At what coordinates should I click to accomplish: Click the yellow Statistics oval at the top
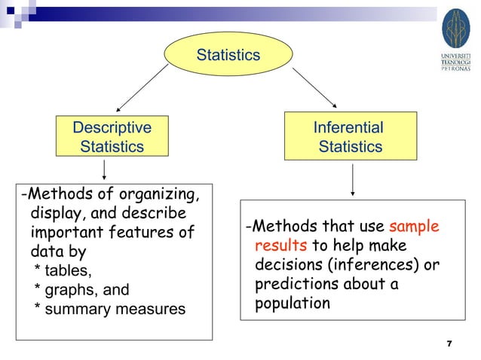(x=228, y=56)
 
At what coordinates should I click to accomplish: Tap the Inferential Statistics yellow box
(x=349, y=137)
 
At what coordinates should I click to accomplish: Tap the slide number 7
(x=449, y=344)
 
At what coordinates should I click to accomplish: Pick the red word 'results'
(x=280, y=246)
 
